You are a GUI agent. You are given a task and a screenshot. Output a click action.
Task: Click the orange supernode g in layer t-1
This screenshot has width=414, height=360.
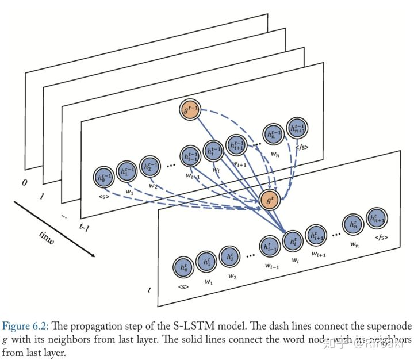click(x=190, y=109)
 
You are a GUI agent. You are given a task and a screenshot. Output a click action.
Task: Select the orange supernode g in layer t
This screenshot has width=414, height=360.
click(x=270, y=200)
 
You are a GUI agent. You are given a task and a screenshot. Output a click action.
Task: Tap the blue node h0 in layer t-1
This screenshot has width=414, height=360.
click(x=103, y=178)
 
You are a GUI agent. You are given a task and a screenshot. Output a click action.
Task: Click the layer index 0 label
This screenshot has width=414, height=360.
click(x=24, y=183)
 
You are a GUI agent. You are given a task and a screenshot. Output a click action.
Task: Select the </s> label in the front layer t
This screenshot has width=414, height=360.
click(x=382, y=238)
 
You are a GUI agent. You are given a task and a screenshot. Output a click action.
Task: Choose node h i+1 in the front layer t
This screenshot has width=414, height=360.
click(x=316, y=235)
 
